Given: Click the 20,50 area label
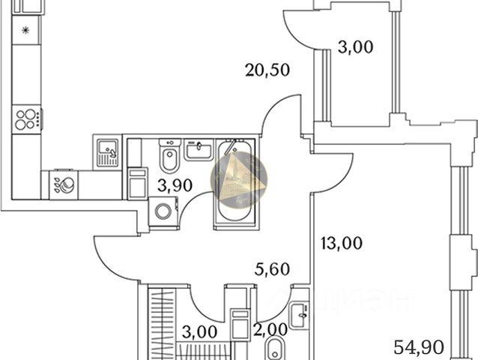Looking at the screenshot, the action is [x=267, y=71].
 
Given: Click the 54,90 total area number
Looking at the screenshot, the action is [x=420, y=346].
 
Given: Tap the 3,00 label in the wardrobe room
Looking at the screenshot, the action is [x=200, y=330].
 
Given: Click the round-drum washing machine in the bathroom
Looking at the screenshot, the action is [x=161, y=212].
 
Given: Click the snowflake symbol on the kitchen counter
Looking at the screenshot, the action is [x=25, y=31].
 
